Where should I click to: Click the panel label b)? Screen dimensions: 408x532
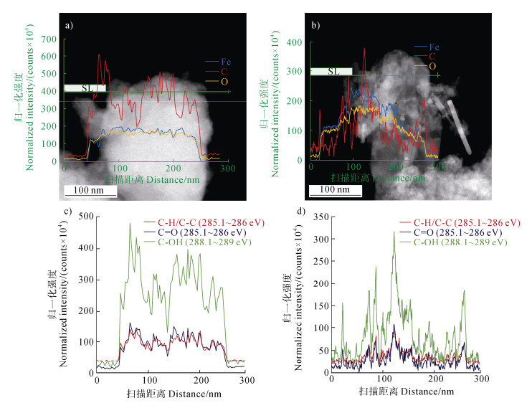click(x=314, y=27)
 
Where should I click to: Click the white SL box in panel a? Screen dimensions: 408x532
click(x=85, y=87)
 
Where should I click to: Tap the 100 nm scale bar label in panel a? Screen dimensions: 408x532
click(x=85, y=190)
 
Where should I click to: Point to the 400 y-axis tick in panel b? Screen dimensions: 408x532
click(x=295, y=42)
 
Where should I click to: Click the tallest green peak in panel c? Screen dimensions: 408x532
click(x=130, y=223)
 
